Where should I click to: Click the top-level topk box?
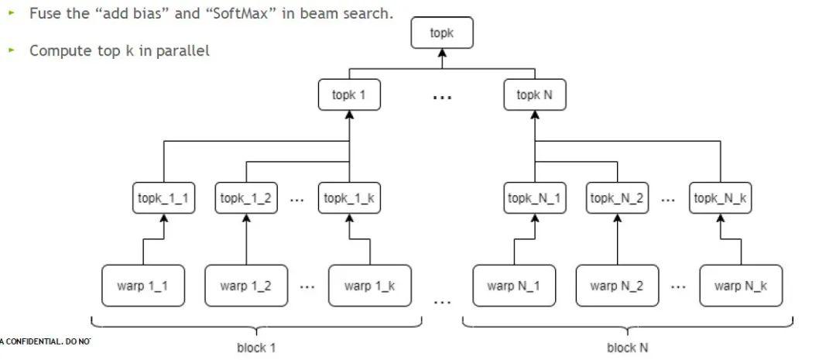coord(441,33)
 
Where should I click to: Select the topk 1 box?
coord(349,95)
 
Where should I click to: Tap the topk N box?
coord(535,95)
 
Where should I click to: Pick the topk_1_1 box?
coord(163,198)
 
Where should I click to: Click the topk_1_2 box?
coord(245,198)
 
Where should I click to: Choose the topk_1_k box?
coord(349,198)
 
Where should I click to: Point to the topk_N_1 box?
coord(535,198)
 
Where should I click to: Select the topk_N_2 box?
coord(618,198)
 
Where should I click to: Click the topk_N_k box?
coord(720,198)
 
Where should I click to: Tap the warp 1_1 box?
coord(142,286)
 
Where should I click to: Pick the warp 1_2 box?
coord(245,286)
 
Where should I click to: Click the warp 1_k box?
coord(370,286)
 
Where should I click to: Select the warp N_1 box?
coord(514,286)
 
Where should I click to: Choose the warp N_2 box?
coord(617,286)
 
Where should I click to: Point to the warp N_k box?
coord(741,286)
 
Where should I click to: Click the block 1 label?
coord(256,348)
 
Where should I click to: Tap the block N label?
coord(627,348)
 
